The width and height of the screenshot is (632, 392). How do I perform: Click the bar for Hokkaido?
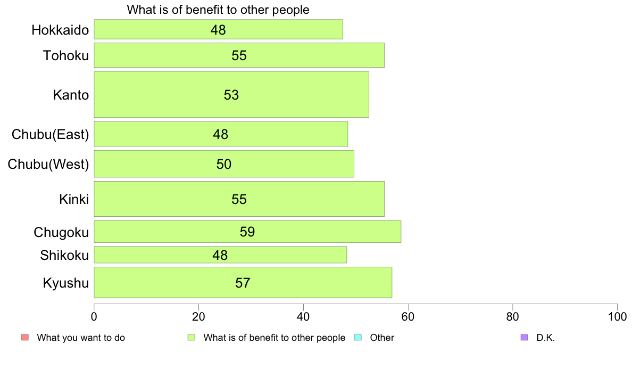pyautogui.click(x=218, y=29)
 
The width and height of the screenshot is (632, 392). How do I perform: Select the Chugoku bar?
pyautogui.click(x=247, y=232)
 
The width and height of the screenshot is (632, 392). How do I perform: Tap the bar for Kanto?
pyautogui.click(x=231, y=94)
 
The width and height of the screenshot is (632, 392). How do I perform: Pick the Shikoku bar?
pyautogui.click(x=220, y=255)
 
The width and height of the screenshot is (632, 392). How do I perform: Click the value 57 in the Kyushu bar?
pyautogui.click(x=243, y=283)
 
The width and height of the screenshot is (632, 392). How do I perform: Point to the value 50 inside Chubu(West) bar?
pyautogui.click(x=224, y=164)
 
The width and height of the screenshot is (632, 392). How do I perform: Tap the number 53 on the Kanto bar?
pyautogui.click(x=231, y=95)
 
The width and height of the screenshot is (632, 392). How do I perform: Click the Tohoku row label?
pyautogui.click(x=65, y=55)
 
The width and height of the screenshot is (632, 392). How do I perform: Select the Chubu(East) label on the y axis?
pyautogui.click(x=50, y=134)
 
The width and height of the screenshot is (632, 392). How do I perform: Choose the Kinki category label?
pyautogui.click(x=74, y=199)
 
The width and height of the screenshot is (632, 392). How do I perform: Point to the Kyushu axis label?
pyautogui.click(x=66, y=283)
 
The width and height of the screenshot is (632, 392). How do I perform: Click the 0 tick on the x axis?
pyautogui.click(x=94, y=316)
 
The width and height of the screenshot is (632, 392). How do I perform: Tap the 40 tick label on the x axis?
pyautogui.click(x=303, y=316)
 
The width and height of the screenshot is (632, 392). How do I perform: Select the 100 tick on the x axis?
pyautogui.click(x=617, y=316)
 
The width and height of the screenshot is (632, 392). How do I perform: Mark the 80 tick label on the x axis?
pyautogui.click(x=512, y=316)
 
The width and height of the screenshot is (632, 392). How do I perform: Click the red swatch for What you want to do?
pyautogui.click(x=24, y=337)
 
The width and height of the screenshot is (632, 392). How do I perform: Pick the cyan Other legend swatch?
pyautogui.click(x=357, y=337)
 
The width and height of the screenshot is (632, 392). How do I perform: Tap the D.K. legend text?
pyautogui.click(x=546, y=338)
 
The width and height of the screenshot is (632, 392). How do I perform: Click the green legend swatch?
pyautogui.click(x=191, y=337)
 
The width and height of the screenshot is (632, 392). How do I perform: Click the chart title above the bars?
pyautogui.click(x=218, y=10)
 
